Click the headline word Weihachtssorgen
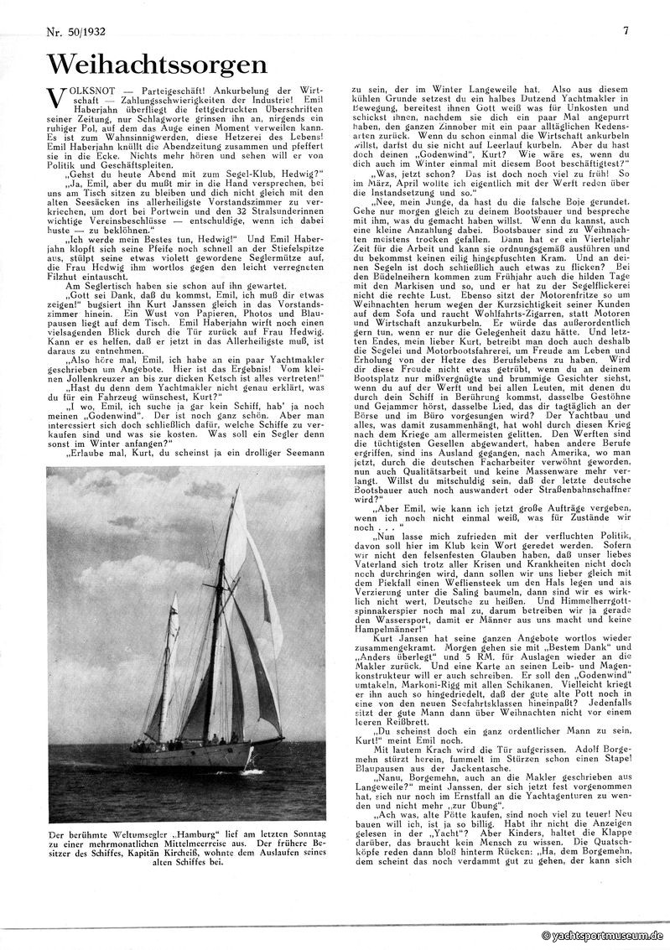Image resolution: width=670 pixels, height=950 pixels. [157, 65]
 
